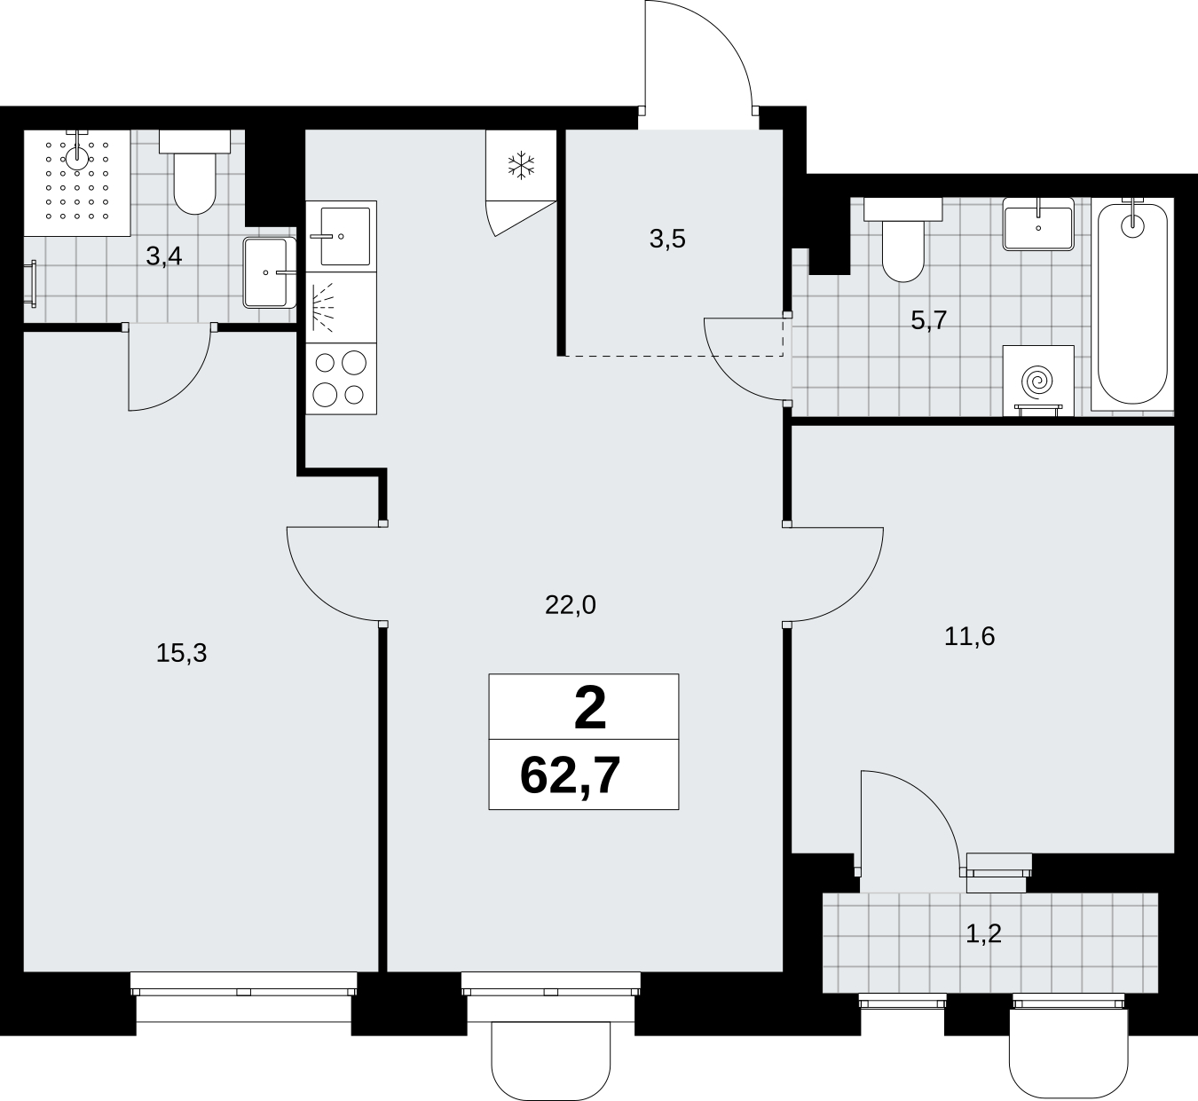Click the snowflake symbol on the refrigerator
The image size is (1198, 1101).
click(x=522, y=165)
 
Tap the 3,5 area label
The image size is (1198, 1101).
click(x=667, y=240)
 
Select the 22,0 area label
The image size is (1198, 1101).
click(x=571, y=606)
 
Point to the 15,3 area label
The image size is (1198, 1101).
click(x=181, y=653)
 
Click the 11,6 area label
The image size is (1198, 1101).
click(x=969, y=636)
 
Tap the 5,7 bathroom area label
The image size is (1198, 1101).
click(x=928, y=321)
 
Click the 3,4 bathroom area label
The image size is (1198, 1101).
click(x=163, y=256)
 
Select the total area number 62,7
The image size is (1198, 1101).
click(x=571, y=775)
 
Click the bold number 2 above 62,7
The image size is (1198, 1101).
click(x=590, y=709)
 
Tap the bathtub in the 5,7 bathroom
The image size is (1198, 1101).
click(x=1132, y=304)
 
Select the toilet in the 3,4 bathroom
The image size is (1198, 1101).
click(x=194, y=172)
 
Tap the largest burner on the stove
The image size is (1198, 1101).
click(x=353, y=363)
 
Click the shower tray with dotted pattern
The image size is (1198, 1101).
click(x=77, y=183)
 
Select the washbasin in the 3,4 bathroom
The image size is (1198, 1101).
click(x=270, y=273)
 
